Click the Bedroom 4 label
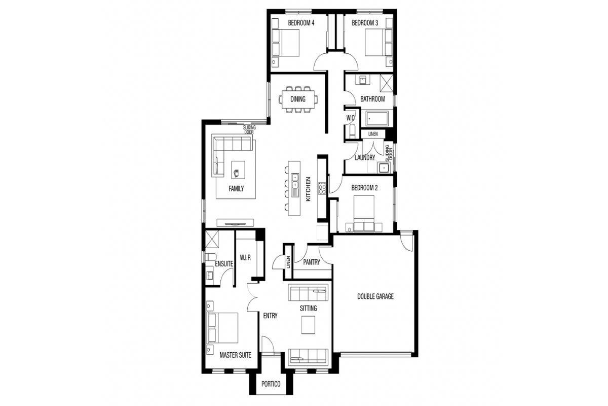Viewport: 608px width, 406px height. tap(301, 23)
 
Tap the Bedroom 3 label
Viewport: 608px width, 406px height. tap(365, 23)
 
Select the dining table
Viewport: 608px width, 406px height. tap(298, 99)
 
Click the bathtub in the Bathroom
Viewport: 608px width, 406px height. tap(377, 119)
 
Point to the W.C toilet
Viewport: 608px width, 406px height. tap(352, 131)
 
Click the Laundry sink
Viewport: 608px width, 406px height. tap(385, 168)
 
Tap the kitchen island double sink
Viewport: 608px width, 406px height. tap(295, 181)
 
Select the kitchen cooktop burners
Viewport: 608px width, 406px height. tap(322, 188)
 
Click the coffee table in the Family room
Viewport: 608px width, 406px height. tap(238, 170)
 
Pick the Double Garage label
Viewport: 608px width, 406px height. tap(375, 296)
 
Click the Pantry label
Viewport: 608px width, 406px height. tap(311, 262)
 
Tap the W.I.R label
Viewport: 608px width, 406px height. tap(245, 257)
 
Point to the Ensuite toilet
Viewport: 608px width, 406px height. tap(210, 257)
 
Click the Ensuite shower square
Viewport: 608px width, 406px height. tap(212, 240)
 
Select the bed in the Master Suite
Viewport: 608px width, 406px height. tap(222, 328)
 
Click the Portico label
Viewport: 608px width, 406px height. tap(271, 384)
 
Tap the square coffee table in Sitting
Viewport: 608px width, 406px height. tap(308, 325)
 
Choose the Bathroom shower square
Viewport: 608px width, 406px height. tap(386, 83)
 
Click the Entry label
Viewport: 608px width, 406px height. tap(271, 316)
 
